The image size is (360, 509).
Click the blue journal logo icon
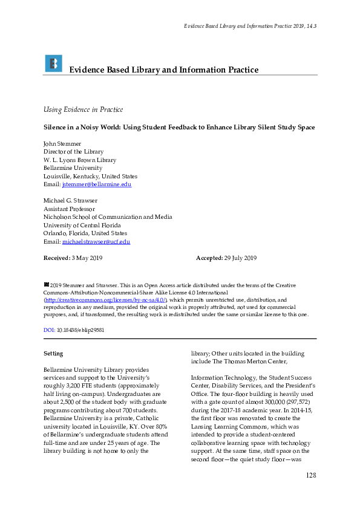[53, 63]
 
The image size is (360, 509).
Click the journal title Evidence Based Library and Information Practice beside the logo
[163, 70]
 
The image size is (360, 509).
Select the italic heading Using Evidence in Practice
[83, 109]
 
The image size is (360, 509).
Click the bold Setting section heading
[54, 354]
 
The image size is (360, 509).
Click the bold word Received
[56, 258]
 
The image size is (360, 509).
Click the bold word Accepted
[210, 258]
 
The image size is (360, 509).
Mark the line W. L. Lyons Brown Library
[80, 160]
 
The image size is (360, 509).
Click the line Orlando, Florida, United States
[85, 233]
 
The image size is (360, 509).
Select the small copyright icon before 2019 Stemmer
[46, 284]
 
